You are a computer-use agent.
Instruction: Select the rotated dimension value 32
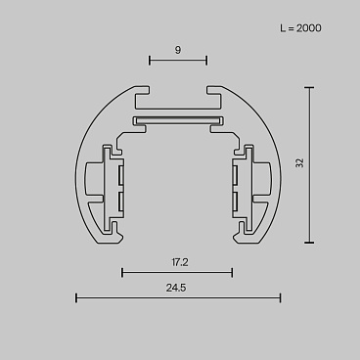pos(299,163)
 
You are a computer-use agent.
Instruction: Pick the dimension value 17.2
pos(177,261)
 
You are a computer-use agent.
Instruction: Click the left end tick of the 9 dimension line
pos(150,61)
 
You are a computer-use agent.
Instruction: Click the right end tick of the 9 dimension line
pos(206,61)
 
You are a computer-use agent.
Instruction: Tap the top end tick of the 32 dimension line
pos(310,88)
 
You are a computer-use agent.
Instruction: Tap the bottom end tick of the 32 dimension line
pos(310,242)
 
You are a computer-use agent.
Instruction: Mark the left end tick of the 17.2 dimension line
pos(122,272)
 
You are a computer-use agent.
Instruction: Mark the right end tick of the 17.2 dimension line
pos(232,272)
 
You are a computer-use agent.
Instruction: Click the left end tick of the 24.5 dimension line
pos(76,297)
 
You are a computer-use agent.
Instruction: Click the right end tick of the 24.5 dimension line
pos(280,297)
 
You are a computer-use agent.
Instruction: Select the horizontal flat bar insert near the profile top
pos(177,121)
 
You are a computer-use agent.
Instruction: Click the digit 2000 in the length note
pos(308,27)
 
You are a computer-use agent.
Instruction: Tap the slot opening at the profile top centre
pos(177,94)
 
